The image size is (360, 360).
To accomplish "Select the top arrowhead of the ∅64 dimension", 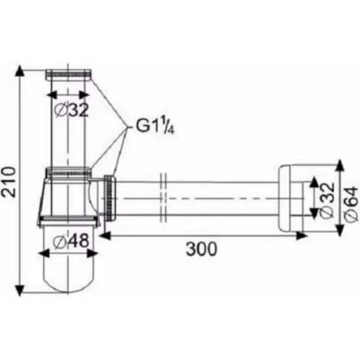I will [341, 165].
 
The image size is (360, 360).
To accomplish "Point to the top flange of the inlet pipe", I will [70, 74].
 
